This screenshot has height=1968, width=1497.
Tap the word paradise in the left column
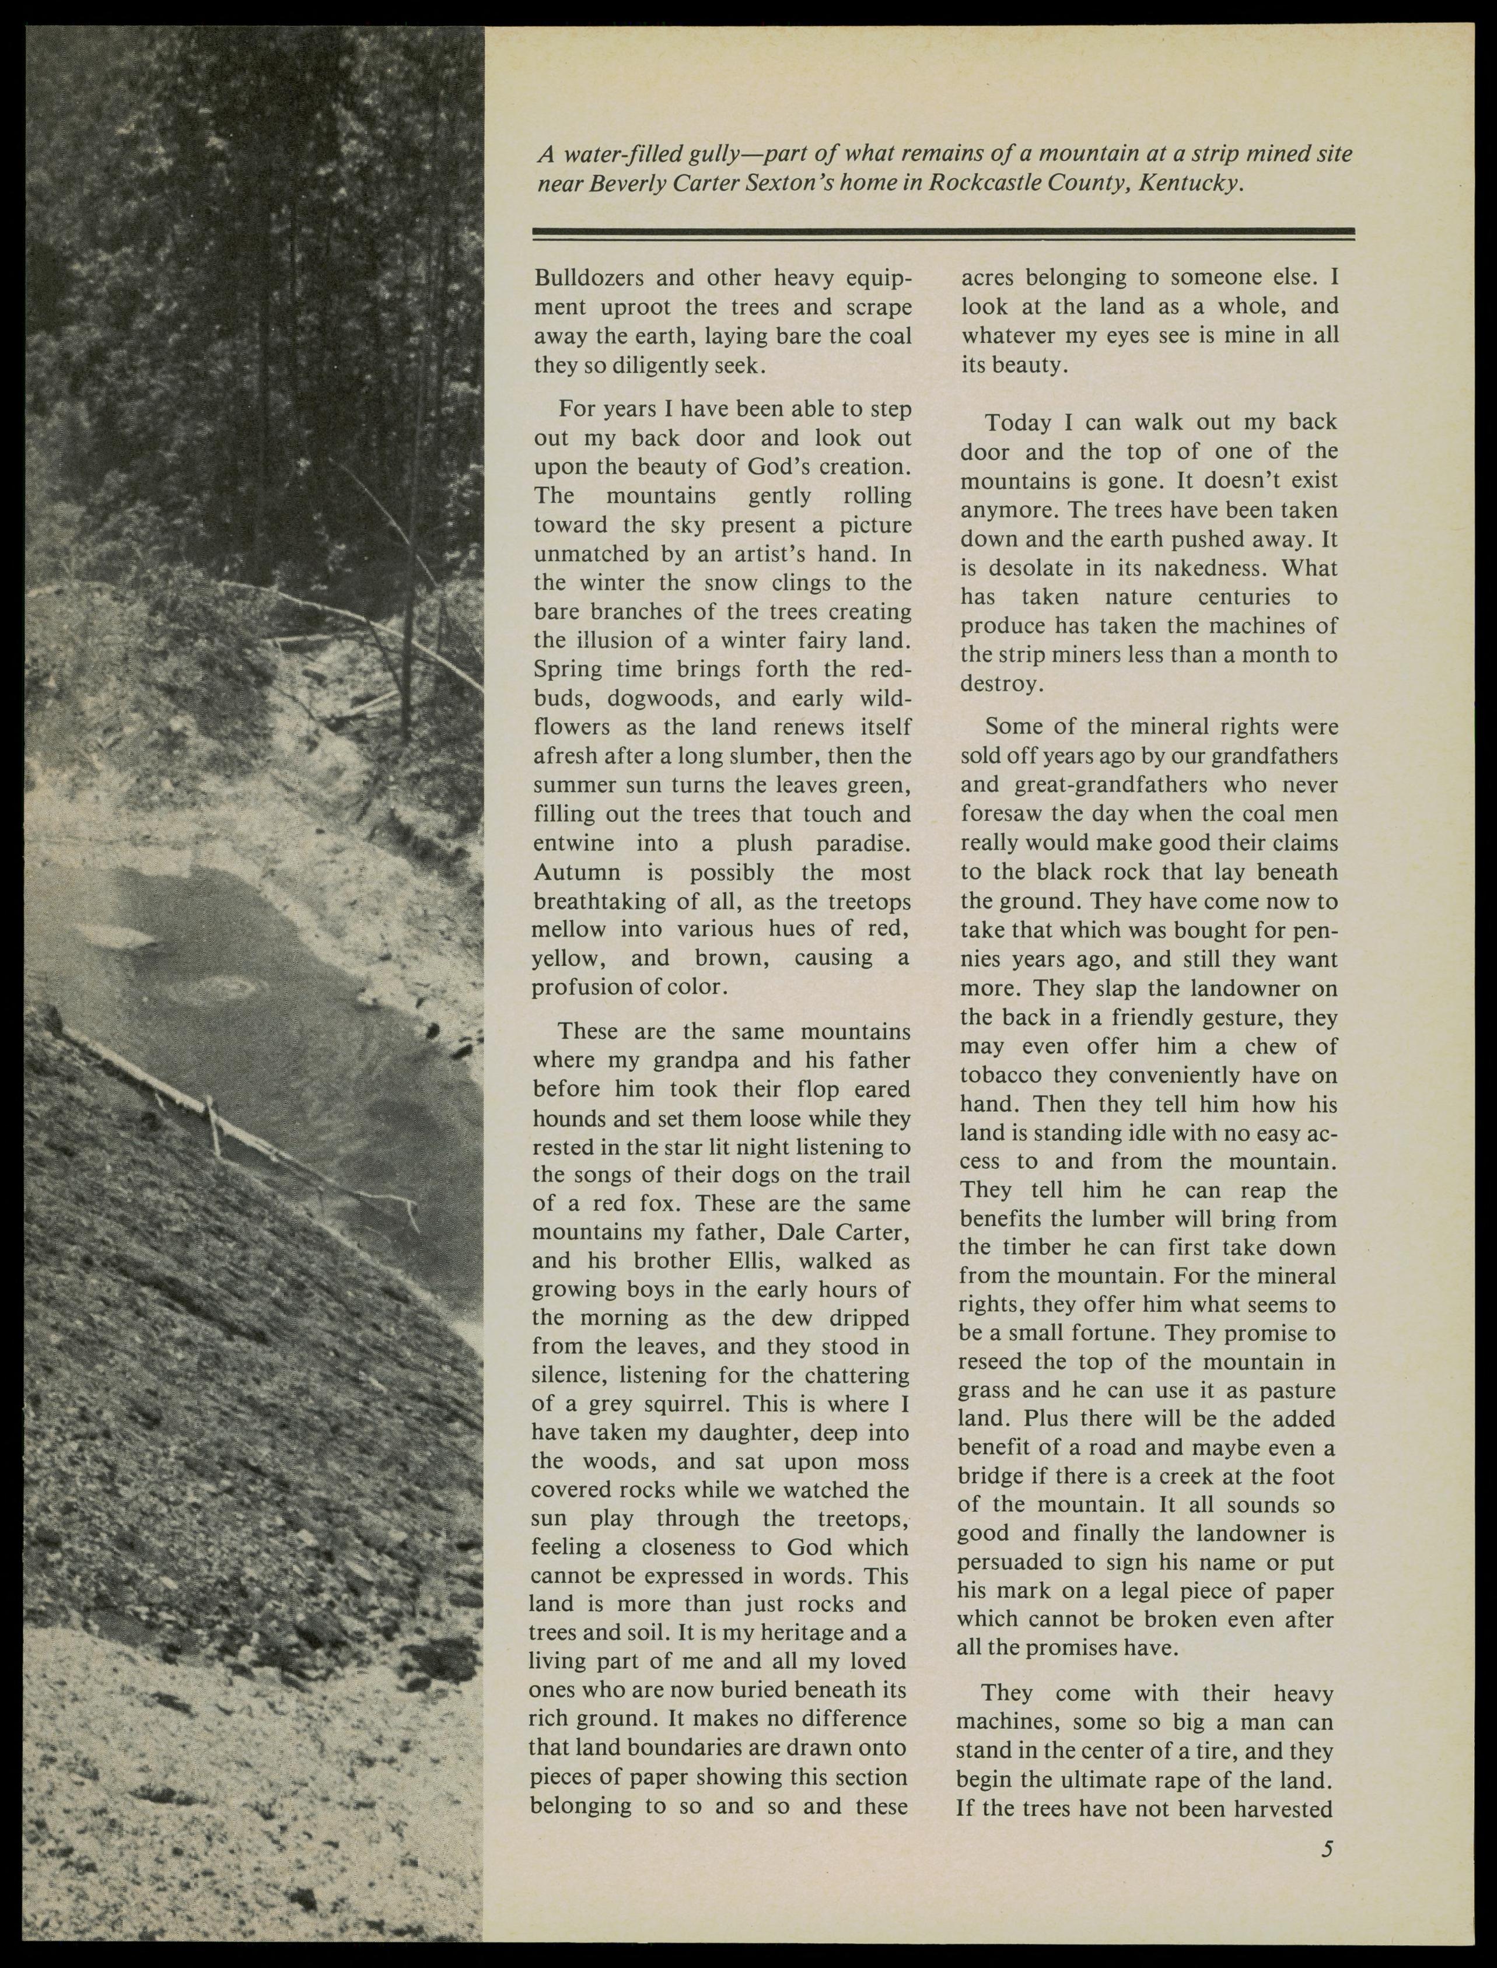point(863,843)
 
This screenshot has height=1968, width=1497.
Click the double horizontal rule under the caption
point(943,233)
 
